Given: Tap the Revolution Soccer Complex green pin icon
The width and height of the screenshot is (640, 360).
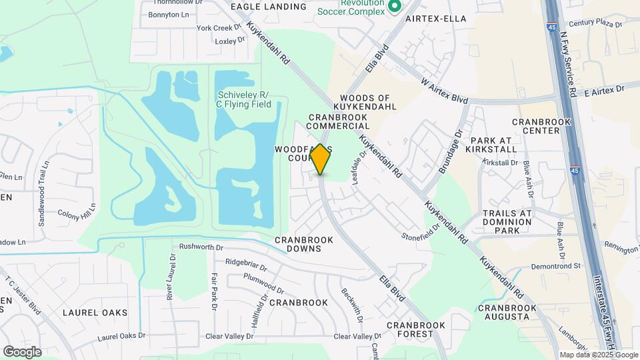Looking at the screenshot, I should click(x=394, y=6).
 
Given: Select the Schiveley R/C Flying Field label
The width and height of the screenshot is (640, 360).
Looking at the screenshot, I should click(x=243, y=99).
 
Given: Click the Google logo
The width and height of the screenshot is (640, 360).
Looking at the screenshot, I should click(x=22, y=351).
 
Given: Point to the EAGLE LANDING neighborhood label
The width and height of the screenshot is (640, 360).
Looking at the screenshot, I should click(x=269, y=7).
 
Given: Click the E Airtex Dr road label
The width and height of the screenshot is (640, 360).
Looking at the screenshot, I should click(x=604, y=89).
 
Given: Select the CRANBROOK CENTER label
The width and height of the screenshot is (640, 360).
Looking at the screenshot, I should click(x=536, y=127).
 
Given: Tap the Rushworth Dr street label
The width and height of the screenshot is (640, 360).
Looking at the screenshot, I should click(x=201, y=247).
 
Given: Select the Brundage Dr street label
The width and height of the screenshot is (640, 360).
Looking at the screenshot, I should click(x=451, y=152).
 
